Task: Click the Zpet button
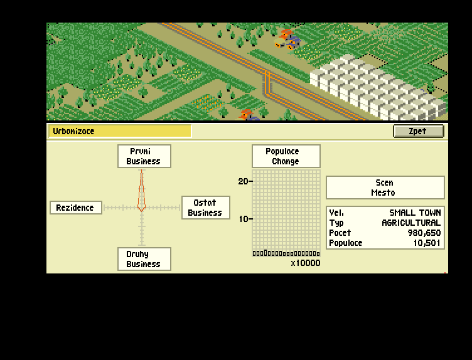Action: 418,131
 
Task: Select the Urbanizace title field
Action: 120,131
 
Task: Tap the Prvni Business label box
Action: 143,156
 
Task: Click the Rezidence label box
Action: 75,208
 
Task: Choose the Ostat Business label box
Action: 205,208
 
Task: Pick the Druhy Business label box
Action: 143,259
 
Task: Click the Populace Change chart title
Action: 286,156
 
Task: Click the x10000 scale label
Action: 305,263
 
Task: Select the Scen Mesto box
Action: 385,188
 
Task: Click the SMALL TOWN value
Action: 415,213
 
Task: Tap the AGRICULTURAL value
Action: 411,223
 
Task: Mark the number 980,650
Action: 422,233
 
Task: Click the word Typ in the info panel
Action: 336,223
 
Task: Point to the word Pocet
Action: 340,233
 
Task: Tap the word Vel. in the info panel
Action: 336,213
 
